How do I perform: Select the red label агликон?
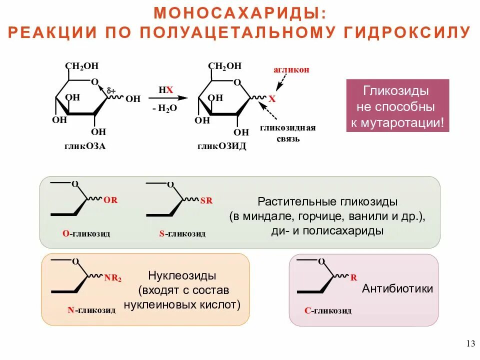291,70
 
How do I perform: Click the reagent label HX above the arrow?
166,89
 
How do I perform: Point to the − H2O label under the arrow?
165,108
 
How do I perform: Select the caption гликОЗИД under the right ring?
221,146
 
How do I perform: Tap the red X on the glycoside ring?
272,99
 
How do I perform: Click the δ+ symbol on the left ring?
111,91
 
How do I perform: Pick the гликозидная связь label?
287,132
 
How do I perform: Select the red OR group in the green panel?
110,200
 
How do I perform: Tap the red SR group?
206,201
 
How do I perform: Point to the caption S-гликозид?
182,233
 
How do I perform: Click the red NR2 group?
113,277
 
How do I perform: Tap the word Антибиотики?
397,288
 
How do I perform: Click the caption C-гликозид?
327,310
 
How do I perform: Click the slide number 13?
470,343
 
